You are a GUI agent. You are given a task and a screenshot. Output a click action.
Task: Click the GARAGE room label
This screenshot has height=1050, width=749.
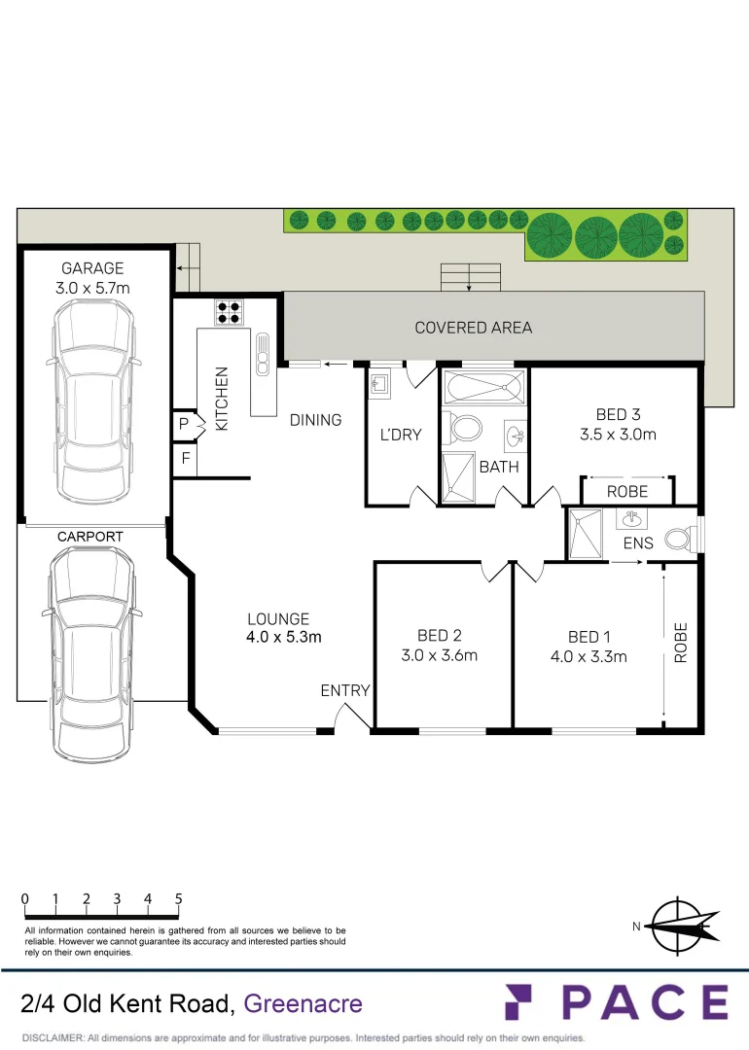click(93, 268)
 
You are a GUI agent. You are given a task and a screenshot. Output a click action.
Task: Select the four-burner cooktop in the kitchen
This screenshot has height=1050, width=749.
click(230, 312)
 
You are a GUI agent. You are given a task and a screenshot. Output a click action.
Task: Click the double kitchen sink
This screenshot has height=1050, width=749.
click(262, 355)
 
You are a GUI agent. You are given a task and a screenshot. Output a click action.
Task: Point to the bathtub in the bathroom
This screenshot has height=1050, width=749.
click(483, 390)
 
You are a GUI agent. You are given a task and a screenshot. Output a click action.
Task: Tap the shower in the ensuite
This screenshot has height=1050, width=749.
click(588, 535)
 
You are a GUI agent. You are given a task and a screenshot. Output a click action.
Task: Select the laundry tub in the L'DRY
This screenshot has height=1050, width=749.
click(380, 385)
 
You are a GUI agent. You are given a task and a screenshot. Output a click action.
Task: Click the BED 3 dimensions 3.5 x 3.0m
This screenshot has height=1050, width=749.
click(612, 435)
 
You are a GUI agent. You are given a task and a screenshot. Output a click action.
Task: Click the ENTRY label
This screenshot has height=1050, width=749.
click(345, 690)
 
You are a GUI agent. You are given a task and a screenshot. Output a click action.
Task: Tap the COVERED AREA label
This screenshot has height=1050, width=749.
click(474, 328)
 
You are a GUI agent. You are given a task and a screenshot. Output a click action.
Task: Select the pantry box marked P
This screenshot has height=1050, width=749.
click(183, 424)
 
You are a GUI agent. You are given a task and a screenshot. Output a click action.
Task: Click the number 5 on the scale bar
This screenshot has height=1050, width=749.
click(179, 898)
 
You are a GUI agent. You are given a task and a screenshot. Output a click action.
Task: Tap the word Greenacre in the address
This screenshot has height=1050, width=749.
click(303, 1003)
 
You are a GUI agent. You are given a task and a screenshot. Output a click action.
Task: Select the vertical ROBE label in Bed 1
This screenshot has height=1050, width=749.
click(681, 643)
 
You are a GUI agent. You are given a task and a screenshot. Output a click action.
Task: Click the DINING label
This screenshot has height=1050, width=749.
click(315, 420)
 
